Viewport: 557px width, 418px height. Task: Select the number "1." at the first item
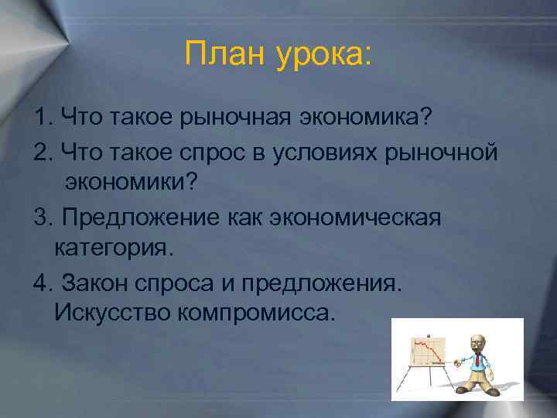43,118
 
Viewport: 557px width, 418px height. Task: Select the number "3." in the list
43,218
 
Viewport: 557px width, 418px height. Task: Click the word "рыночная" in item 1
235,118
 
